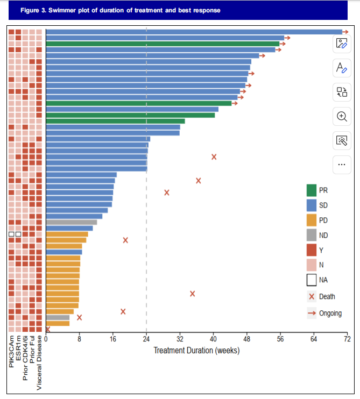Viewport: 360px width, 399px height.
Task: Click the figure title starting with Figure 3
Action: click(x=120, y=10)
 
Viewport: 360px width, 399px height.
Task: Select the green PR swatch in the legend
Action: click(x=312, y=190)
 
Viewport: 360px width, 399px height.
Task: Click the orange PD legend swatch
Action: click(x=312, y=220)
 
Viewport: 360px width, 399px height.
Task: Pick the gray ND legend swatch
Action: click(x=312, y=235)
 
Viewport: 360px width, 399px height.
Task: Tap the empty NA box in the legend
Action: click(x=312, y=280)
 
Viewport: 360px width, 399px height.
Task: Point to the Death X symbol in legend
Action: click(x=312, y=296)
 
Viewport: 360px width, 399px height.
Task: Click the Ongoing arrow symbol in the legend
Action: click(x=312, y=313)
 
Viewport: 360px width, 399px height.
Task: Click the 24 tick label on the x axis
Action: click(x=146, y=339)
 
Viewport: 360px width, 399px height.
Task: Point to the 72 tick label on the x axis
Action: click(x=347, y=339)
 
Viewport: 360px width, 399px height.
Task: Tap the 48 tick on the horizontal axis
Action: click(x=247, y=339)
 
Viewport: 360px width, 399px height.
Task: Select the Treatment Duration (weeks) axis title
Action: click(x=196, y=351)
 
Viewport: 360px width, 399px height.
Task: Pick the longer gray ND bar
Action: click(x=72, y=222)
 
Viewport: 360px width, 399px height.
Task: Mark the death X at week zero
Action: click(x=47, y=329)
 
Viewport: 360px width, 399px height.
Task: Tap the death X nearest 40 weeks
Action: click(x=214, y=157)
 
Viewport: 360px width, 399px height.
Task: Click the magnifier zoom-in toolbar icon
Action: click(x=342, y=116)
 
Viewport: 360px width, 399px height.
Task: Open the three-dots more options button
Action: click(x=342, y=164)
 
